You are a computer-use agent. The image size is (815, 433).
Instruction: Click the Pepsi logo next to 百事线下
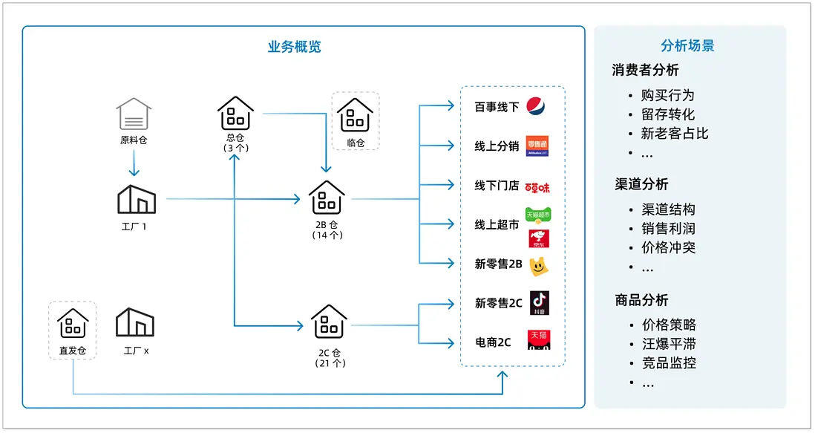coord(536,107)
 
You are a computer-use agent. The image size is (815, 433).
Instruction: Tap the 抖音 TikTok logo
coord(540,303)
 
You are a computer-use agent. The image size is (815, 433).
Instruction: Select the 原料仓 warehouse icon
coord(134,114)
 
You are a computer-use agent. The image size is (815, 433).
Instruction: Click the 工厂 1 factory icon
coord(137,200)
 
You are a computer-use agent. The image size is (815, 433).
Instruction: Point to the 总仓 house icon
coord(235,113)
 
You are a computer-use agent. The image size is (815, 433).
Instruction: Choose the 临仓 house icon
coord(355,115)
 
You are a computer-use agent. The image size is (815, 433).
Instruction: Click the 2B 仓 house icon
coord(327,197)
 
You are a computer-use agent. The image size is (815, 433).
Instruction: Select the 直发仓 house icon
coord(73,324)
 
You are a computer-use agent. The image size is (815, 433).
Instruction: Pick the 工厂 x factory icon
coord(135,322)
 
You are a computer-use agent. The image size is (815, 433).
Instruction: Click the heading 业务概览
coord(294,46)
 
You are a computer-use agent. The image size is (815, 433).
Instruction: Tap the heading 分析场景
coord(687,46)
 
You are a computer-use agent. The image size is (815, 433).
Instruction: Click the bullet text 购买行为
coord(668,95)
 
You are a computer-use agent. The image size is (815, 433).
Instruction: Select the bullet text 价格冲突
coord(669,248)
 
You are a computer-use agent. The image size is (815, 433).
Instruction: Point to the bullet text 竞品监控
coord(669,363)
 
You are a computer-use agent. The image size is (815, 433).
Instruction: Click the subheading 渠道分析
coord(641,184)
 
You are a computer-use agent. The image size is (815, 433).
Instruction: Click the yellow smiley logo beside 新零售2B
coord(537,264)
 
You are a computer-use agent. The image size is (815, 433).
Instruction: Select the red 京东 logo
coord(538,238)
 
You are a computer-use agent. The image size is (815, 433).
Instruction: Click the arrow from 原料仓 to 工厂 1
coord(134,162)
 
